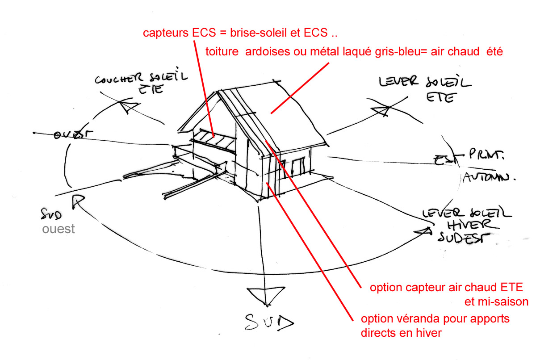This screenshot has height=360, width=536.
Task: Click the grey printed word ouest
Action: click(x=59, y=229)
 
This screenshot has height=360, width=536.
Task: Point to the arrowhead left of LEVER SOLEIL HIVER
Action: click(x=423, y=231)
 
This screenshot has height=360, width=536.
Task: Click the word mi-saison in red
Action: click(x=496, y=301)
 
